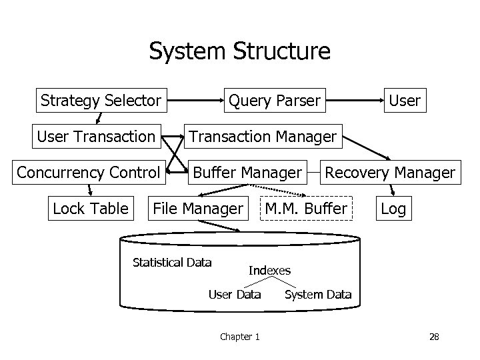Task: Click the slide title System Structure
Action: tap(239, 51)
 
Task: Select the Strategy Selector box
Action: tap(101, 101)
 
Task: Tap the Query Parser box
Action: tap(274, 101)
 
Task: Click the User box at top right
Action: tap(405, 101)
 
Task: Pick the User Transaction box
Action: tap(96, 137)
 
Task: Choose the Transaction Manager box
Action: tap(263, 137)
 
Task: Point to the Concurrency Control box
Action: tap(89, 173)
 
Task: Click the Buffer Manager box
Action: tap(247, 173)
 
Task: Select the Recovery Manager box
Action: tap(390, 173)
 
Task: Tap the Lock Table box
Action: tap(90, 209)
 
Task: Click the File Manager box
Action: tap(198, 209)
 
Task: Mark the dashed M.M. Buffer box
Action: tap(306, 209)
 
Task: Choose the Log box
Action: tap(393, 209)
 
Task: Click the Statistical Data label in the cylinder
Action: tap(172, 262)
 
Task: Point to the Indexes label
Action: tap(269, 270)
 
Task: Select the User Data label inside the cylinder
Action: tap(235, 294)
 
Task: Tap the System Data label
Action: tap(318, 294)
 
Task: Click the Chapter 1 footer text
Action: tap(240, 337)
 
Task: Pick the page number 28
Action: tap(434, 337)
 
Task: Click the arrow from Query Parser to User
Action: tap(356, 101)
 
